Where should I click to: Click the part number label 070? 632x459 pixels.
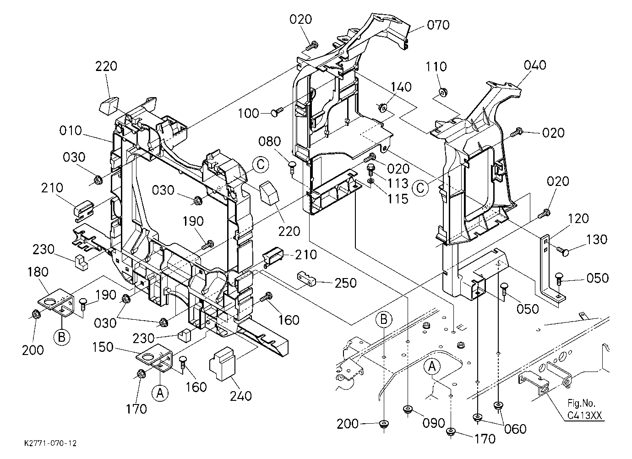438,25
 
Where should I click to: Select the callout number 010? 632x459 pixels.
71,131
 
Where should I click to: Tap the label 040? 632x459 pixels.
535,65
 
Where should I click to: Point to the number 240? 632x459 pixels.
241,396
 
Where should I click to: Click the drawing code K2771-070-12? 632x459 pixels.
50,443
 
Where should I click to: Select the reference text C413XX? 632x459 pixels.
584,415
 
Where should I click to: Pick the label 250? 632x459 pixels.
346,283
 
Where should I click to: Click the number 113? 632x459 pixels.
398,184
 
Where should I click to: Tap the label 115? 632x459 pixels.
398,199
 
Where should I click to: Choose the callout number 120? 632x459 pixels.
578,219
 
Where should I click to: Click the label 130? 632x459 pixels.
597,240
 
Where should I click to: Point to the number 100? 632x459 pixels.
248,114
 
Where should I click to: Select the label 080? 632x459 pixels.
269,142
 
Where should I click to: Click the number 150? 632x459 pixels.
103,347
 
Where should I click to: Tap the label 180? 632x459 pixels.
38,272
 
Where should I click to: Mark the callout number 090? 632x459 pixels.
434,423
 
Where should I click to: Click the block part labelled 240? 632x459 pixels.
222,364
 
